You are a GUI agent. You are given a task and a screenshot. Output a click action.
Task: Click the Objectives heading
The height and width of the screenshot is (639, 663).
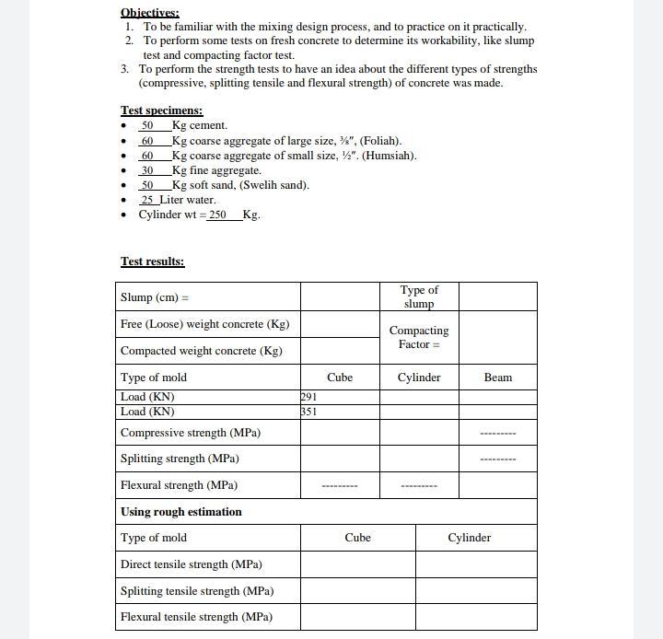tap(149, 13)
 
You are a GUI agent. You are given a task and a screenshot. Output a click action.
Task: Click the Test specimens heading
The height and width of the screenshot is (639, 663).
tap(161, 110)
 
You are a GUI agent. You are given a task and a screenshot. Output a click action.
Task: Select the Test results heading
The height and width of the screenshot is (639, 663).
tap(152, 261)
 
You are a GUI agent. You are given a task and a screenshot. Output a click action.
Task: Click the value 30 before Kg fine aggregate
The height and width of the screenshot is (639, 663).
tap(146, 170)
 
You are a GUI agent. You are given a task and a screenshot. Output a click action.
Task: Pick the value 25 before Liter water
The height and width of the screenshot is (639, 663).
tap(147, 200)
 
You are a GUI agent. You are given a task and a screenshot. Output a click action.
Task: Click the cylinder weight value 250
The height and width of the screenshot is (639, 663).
tap(216, 215)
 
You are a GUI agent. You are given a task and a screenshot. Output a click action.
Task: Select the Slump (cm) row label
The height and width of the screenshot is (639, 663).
tap(154, 297)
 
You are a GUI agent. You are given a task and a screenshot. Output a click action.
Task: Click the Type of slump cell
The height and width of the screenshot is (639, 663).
tap(419, 296)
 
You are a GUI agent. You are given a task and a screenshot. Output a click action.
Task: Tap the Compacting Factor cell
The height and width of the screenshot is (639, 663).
tap(419, 337)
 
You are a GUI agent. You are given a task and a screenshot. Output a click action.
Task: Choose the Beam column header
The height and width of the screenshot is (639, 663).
tap(497, 378)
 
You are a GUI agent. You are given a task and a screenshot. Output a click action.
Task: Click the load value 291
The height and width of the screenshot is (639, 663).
tap(308, 397)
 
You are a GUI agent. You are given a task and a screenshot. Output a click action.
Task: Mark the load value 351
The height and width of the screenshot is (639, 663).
tap(308, 412)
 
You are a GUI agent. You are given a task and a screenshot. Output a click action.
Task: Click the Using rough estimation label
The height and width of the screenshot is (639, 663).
tap(180, 512)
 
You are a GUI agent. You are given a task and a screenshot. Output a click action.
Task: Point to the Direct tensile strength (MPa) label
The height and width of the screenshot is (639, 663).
tap(191, 564)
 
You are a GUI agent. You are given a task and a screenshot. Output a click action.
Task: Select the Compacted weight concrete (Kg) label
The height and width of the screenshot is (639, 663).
tap(201, 351)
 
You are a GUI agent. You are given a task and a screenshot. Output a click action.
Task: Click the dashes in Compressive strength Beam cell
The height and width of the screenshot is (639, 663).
tap(497, 433)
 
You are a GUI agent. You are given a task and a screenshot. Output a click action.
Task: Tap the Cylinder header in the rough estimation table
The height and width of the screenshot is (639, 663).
tap(469, 538)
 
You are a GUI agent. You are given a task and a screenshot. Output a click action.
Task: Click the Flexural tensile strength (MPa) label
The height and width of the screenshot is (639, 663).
tap(196, 617)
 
